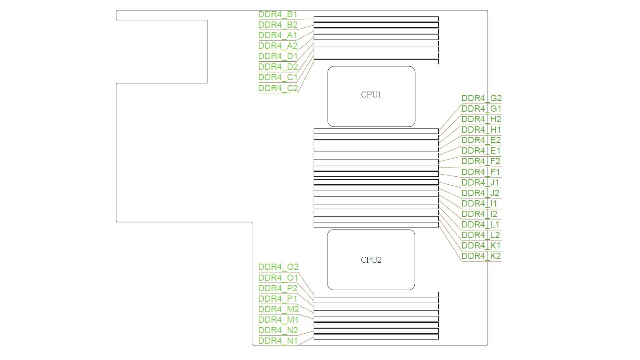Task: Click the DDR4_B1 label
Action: [278, 14]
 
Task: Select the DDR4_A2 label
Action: [278, 46]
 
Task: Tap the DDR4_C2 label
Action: [278, 88]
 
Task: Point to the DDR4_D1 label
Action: [278, 56]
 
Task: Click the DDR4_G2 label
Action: [481, 98]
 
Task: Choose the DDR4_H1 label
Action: [481, 130]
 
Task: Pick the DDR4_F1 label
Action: [481, 172]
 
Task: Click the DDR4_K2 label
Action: [481, 256]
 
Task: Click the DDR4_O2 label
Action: [278, 267]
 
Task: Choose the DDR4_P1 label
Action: [278, 299]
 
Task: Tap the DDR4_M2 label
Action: [278, 309]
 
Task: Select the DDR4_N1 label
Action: [278, 341]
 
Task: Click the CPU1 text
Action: [371, 95]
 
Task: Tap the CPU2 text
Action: [371, 260]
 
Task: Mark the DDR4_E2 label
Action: [481, 140]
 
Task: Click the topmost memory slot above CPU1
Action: [376, 19]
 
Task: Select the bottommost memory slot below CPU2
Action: [376, 337]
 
